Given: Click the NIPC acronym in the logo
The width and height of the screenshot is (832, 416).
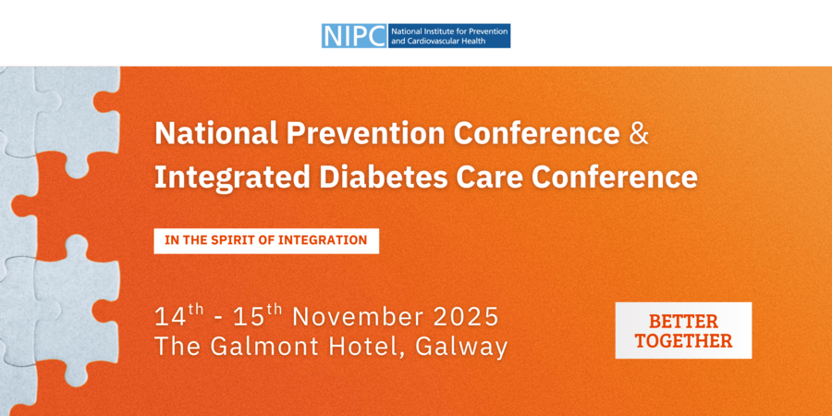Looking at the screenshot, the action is coord(354,35).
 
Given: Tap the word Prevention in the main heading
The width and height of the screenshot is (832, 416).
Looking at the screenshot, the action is coord(365,135).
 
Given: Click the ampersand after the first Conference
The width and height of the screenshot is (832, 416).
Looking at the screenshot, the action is coord(639,135).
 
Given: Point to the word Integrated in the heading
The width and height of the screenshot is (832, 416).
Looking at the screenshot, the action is coord(232,178).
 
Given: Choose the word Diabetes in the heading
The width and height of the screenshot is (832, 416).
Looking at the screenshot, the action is coord(382,178).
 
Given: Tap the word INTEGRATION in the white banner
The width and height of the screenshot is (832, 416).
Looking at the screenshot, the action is coord(323,240).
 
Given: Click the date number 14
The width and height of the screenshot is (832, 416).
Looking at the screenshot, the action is coord(171,317).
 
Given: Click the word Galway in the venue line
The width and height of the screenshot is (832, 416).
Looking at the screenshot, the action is coord(461,347).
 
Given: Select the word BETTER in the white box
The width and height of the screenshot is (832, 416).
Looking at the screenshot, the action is coord(683,322).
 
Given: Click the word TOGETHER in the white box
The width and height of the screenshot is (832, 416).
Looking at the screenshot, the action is coord(683,340).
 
